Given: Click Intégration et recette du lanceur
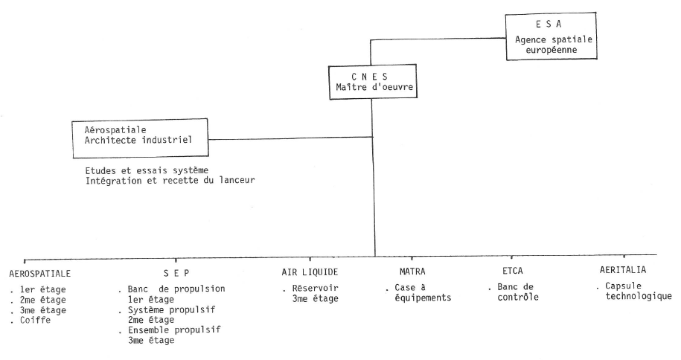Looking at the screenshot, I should coord(165,181).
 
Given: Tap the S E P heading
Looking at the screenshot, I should coord(170,272).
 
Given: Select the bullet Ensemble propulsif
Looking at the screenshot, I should coord(176,330).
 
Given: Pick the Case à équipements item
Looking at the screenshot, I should coord(415,293).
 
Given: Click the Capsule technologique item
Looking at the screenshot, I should coord(634,293).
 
